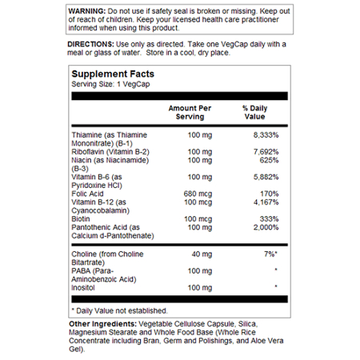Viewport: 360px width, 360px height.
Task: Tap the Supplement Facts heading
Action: click(x=111, y=73)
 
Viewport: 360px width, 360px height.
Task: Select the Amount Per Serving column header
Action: click(x=190, y=111)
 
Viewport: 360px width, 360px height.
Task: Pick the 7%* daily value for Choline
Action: click(x=269, y=254)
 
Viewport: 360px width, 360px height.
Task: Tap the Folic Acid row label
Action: click(x=88, y=193)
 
